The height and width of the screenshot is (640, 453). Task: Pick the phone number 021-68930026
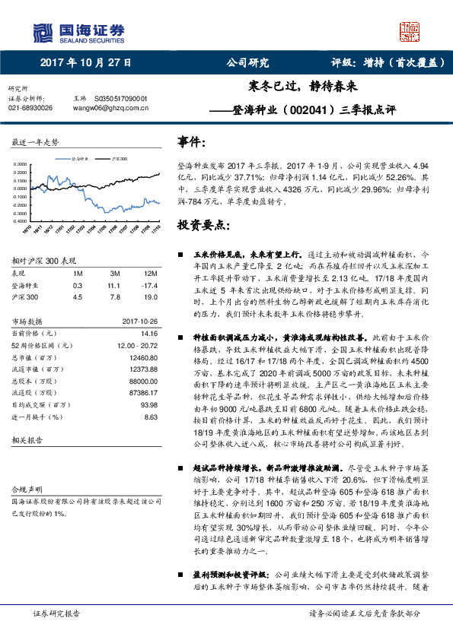(30, 108)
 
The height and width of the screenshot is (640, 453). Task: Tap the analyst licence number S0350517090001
(120, 99)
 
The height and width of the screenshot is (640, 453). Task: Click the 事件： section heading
(191, 142)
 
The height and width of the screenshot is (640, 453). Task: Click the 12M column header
(150, 272)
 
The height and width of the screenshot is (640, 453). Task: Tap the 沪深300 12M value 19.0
(149, 297)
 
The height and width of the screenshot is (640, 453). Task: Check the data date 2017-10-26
(140, 321)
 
